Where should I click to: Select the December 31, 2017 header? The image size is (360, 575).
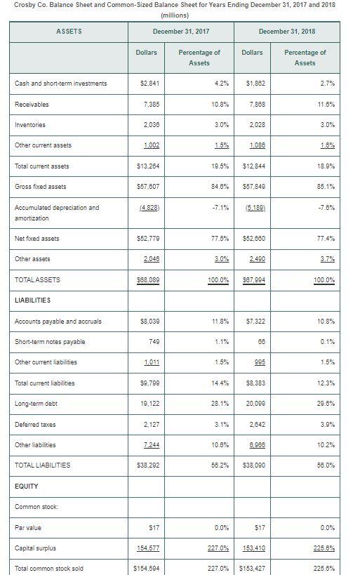pyautogui.click(x=181, y=32)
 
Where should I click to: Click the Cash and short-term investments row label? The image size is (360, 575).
pyautogui.click(x=61, y=84)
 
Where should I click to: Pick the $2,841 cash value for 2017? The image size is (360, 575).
pyautogui.click(x=147, y=84)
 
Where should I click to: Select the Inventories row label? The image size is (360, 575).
pyautogui.click(x=31, y=125)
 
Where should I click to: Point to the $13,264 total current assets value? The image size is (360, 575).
pyautogui.click(x=146, y=166)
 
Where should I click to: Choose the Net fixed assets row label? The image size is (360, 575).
pyautogui.click(x=38, y=238)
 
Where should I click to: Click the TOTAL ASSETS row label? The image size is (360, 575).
pyautogui.click(x=38, y=279)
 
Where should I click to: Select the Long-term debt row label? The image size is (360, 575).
pyautogui.click(x=36, y=403)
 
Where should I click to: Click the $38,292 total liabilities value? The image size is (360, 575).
pyautogui.click(x=146, y=465)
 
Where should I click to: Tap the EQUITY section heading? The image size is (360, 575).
pyautogui.click(x=27, y=486)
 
